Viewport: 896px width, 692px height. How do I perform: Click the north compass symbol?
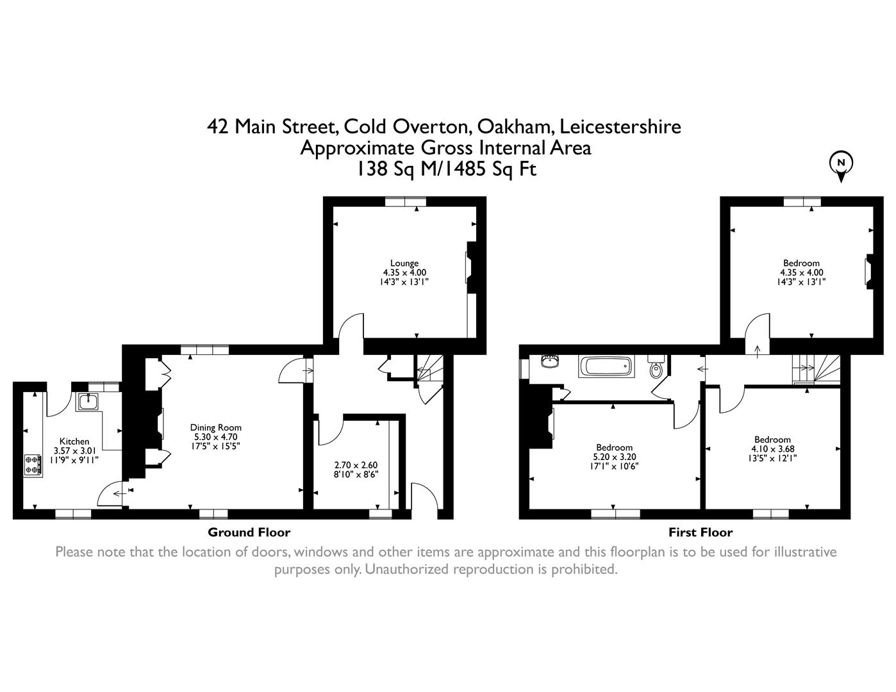tap(841, 164)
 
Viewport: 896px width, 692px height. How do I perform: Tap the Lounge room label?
tap(404, 263)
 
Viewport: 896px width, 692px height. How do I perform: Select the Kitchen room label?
tap(74, 441)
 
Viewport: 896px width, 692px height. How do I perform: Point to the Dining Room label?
tap(215, 427)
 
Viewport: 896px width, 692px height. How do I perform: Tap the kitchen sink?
tap(88, 402)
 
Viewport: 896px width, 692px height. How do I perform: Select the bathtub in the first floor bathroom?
tap(605, 367)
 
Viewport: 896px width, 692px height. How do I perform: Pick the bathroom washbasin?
tap(549, 362)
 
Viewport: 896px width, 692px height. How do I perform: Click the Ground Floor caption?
tap(249, 532)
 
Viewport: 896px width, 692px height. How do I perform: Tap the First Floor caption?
tap(700, 532)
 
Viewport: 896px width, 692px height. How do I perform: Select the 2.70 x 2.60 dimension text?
tap(356, 465)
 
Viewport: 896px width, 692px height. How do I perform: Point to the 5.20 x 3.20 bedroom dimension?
tap(614, 457)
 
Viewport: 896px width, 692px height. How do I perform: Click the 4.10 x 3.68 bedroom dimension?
tap(772, 449)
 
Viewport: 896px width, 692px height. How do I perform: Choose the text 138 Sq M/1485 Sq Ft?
tap(446, 169)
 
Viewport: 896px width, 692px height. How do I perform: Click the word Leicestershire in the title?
tap(620, 126)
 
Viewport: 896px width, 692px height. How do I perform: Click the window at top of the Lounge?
tap(406, 202)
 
